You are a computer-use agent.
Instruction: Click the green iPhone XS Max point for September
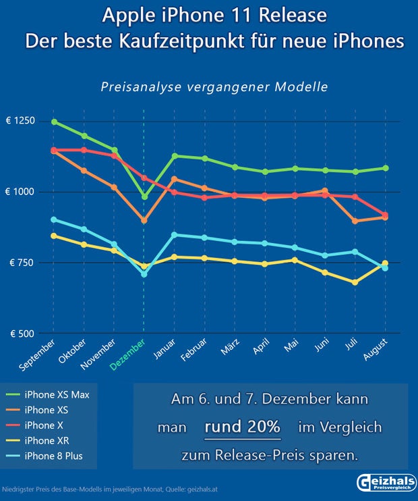54,122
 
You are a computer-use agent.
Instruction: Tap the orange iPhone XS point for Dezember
144,221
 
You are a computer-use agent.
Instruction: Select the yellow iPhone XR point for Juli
355,282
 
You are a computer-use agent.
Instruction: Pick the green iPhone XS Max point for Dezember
144,196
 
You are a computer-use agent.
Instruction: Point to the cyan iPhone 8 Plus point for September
54,219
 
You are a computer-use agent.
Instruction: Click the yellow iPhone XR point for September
54,236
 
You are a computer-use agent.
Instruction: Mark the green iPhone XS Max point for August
385,168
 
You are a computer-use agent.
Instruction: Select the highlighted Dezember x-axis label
128,354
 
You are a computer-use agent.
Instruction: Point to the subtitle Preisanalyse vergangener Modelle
214,86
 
